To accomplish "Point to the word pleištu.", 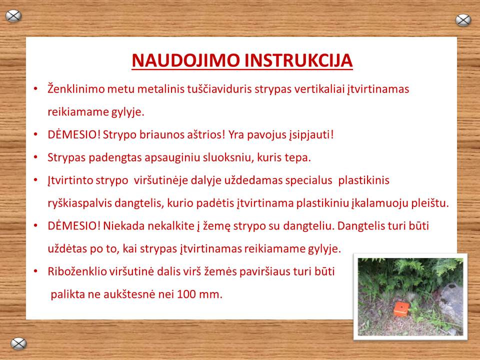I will (x=432, y=203).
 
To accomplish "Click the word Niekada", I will (x=122, y=225).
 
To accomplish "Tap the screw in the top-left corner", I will (x=13, y=16).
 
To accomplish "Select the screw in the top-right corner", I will (x=463, y=20).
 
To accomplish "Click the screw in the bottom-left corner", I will (x=18, y=343).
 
